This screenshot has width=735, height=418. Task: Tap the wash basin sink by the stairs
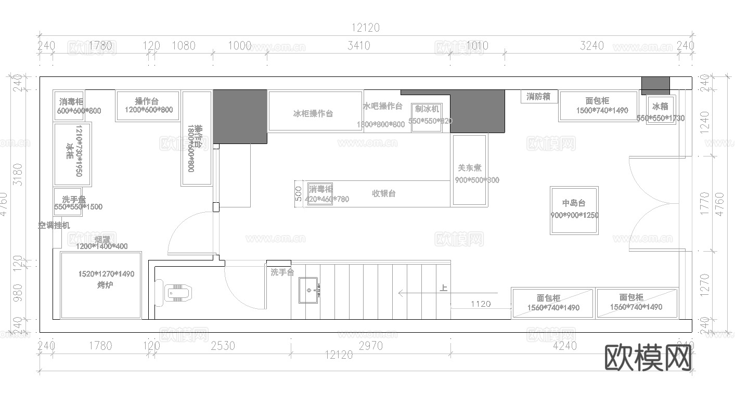click(308, 290)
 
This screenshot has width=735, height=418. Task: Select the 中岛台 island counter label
click(574, 203)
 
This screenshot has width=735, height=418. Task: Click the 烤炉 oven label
click(105, 285)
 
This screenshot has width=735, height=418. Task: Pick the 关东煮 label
click(469, 168)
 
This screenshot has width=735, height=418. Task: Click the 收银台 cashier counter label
click(383, 193)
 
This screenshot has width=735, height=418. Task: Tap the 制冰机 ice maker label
click(427, 109)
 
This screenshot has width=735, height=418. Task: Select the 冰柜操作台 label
click(313, 113)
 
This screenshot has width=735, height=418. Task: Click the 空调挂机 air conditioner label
click(54, 226)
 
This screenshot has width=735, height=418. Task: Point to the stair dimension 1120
click(480, 304)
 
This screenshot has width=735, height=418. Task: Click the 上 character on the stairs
click(444, 288)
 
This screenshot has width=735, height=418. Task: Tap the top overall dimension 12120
click(365, 28)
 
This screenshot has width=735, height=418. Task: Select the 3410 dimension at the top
click(358, 46)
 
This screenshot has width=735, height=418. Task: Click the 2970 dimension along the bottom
click(370, 346)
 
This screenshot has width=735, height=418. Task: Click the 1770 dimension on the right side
click(705, 204)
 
